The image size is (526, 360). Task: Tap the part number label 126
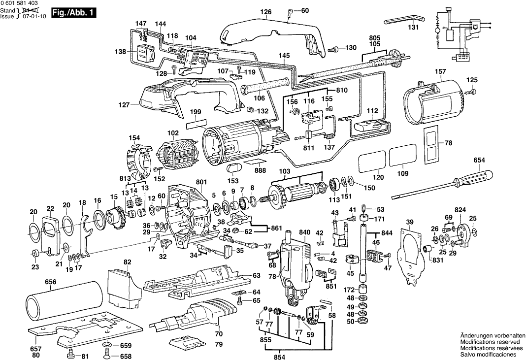pos(266,12)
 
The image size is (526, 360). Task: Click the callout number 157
pos(440,72)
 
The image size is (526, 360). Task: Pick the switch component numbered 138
pos(145,53)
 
